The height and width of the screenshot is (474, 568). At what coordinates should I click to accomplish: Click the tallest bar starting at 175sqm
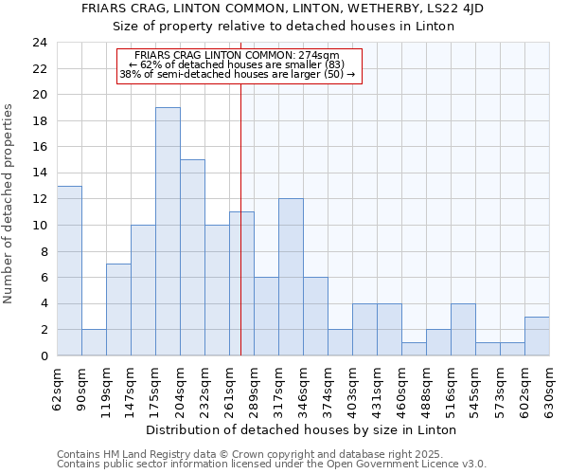pyautogui.click(x=168, y=231)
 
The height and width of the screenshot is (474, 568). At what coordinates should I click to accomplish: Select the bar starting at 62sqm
pyautogui.click(x=69, y=270)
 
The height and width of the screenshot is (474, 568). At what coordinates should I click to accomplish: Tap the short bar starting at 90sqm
pyautogui.click(x=94, y=342)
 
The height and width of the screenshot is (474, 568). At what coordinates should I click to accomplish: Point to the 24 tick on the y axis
pyautogui.click(x=39, y=43)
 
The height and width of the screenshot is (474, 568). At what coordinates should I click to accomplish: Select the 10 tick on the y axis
pyautogui.click(x=39, y=226)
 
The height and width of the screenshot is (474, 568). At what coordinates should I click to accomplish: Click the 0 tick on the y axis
pyautogui.click(x=43, y=356)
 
